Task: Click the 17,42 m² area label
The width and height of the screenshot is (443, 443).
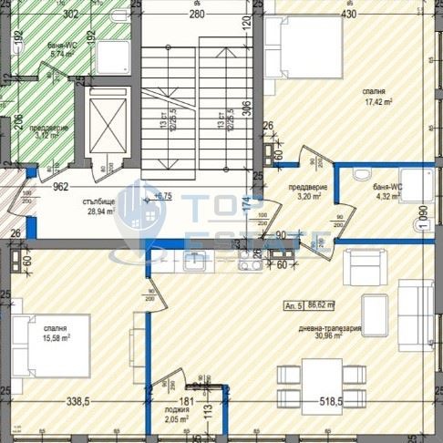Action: (x=374, y=102)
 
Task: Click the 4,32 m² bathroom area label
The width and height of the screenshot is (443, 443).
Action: (x=388, y=194)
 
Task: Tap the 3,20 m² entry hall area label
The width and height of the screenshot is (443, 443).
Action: (x=302, y=195)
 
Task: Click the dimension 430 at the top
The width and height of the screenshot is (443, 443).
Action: (x=348, y=15)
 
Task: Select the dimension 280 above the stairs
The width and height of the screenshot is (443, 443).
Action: (x=196, y=15)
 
